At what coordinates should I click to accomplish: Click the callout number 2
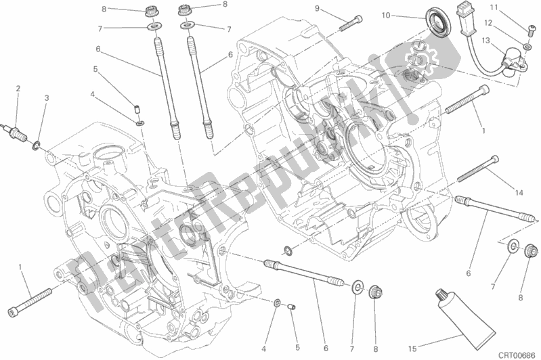[18, 88]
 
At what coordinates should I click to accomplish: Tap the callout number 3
[46, 98]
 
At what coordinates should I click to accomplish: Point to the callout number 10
[404, 15]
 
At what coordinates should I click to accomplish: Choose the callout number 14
[519, 193]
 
